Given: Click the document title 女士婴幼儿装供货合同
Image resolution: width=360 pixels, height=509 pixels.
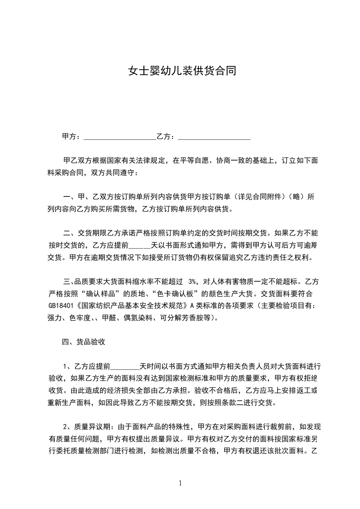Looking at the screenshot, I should coord(182,71).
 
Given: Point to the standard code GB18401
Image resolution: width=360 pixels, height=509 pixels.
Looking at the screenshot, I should coord(61,305).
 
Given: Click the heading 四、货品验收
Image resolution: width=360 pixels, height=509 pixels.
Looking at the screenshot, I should coord(84,342).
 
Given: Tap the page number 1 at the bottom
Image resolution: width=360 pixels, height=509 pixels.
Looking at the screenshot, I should coord(180,483).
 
